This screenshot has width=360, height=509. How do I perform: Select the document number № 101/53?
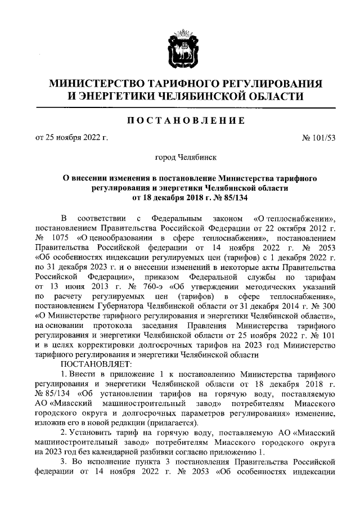pyautogui.click(x=319, y=137)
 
